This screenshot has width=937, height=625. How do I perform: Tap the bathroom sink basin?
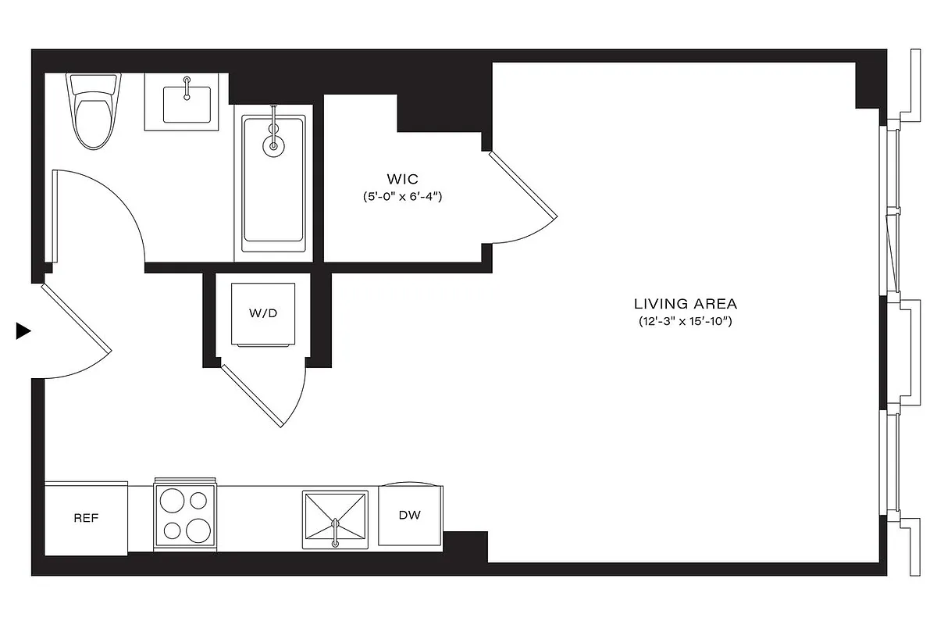[x=187, y=104]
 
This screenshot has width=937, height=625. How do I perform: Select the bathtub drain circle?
[x=273, y=145]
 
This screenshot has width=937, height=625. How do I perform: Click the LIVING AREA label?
[x=685, y=304]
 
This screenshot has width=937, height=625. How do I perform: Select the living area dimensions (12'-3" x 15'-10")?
[x=685, y=321]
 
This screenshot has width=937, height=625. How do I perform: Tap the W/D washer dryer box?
[x=263, y=313]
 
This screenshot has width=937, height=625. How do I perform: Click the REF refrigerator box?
[x=86, y=519]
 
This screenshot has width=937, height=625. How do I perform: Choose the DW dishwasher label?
[x=410, y=516]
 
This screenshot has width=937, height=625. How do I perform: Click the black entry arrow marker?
[x=23, y=331]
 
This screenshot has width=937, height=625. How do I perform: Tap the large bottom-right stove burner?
[x=198, y=529]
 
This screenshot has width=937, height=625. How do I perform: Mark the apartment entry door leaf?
[x=75, y=318]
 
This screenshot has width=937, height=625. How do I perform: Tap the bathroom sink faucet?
[x=187, y=87]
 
